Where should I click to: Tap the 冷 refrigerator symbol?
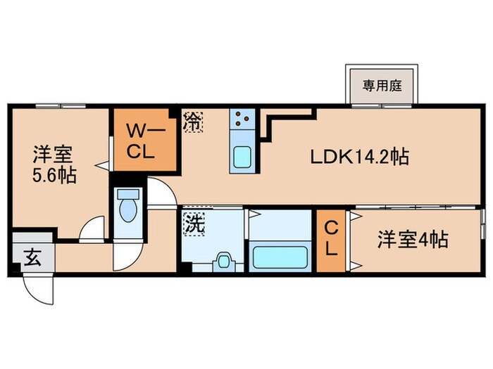192,120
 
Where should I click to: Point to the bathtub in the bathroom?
279,255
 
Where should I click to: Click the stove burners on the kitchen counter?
244,118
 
